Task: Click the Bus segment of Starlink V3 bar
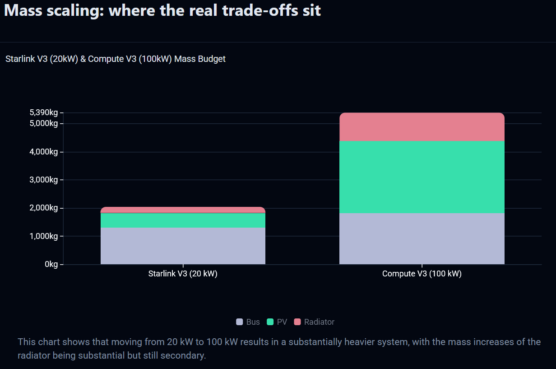pos(183,246)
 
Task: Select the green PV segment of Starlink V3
pos(183,220)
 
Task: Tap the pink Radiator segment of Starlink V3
pos(183,210)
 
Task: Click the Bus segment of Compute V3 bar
pos(422,238)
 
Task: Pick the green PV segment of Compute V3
pos(422,177)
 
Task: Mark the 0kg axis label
pos(51,264)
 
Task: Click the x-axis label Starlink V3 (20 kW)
pos(183,274)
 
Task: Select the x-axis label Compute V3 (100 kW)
pos(422,274)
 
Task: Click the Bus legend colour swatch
pos(240,322)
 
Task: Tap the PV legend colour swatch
pos(270,322)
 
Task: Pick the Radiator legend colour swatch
pos(297,322)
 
